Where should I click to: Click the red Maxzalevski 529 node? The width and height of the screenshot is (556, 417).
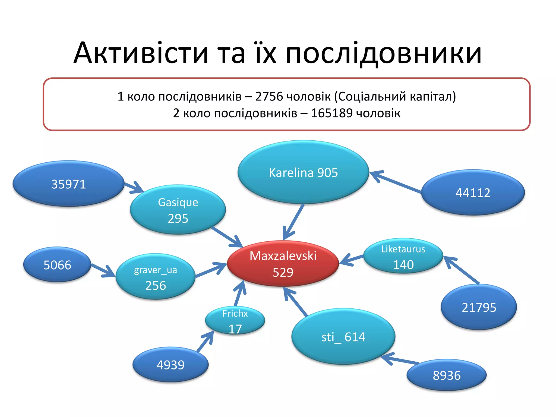click(283, 263)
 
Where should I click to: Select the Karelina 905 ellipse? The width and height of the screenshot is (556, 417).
click(303, 172)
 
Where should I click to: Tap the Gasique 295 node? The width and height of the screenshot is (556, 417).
click(178, 210)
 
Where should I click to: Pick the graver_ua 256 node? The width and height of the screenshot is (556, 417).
click(155, 277)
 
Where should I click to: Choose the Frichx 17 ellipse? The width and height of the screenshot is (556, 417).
click(235, 320)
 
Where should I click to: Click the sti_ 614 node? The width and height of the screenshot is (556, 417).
click(343, 337)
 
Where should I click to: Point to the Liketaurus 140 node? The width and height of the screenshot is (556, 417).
click(403, 256)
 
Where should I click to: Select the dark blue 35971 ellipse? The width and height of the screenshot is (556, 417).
click(68, 184)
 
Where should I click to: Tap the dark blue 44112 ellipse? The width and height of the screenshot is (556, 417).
click(473, 193)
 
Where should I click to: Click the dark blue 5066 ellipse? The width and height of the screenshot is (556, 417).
click(57, 265)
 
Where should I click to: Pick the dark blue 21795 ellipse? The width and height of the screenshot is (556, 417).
click(479, 307)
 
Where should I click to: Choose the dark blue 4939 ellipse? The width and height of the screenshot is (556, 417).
click(170, 365)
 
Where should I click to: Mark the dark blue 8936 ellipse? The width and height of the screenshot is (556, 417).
click(447, 375)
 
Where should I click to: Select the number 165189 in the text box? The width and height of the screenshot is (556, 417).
click(331, 113)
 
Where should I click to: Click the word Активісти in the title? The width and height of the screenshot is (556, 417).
click(141, 53)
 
